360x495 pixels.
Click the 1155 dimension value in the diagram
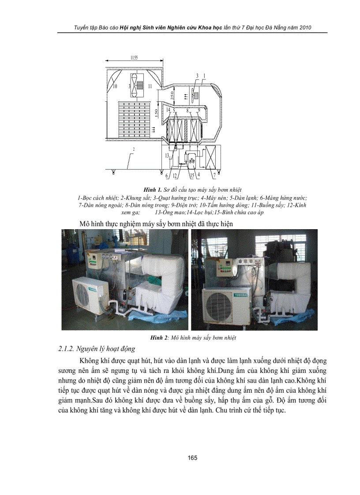(x=134, y=58)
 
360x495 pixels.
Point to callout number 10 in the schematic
(x=115, y=86)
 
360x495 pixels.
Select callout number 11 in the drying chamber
(x=150, y=86)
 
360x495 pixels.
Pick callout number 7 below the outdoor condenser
(x=214, y=175)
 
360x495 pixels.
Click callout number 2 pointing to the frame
(x=133, y=150)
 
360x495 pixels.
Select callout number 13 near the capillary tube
(x=167, y=156)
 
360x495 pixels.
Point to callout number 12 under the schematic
(x=175, y=175)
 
